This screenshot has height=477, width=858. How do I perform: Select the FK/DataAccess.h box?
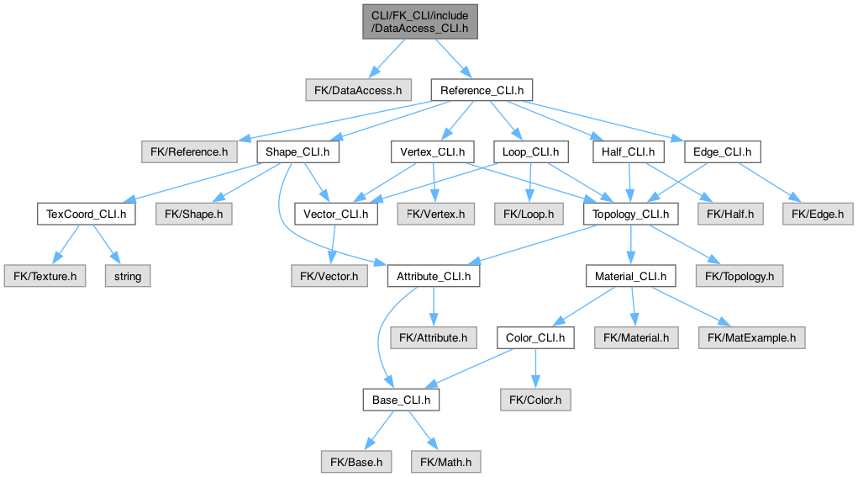point(358,89)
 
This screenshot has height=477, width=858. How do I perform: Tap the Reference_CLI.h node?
point(482,89)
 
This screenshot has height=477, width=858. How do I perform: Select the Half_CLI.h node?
point(629,152)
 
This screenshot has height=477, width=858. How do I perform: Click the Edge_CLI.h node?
point(722,152)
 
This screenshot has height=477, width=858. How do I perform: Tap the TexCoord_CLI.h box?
point(86,214)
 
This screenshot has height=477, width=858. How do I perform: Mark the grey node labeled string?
point(128,276)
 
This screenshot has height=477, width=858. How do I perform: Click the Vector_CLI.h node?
point(335,214)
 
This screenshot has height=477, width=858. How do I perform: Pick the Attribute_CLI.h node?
point(434,276)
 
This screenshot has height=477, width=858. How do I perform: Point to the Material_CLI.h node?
point(630,276)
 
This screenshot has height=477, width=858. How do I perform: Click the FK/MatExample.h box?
point(752,337)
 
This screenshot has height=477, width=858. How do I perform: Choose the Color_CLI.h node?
point(535,337)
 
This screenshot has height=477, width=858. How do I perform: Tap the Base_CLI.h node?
point(401,400)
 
